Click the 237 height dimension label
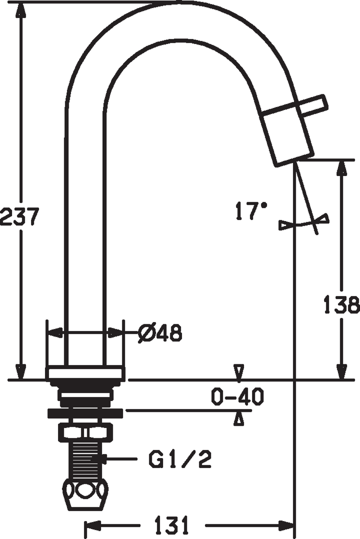pos(19,217)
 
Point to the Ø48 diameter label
pos(160,333)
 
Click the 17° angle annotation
pos(251,211)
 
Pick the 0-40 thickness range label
pos(237,397)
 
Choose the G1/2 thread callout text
pos(180,459)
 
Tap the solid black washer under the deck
pos(85,413)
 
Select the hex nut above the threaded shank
pos(85,433)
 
